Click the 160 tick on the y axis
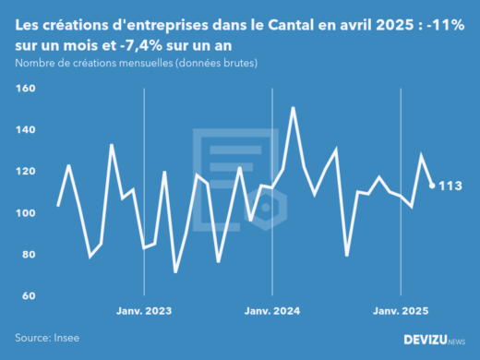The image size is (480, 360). coord(24,89)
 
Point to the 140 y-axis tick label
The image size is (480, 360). coord(24,130)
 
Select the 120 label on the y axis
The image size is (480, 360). coord(24,172)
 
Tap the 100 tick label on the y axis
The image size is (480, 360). coord(24,213)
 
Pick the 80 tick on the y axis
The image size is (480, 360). coord(26,255)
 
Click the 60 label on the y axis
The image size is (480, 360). coord(26,296)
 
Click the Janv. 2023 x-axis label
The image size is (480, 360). coord(144,312)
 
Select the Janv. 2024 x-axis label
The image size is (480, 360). coord(272,312)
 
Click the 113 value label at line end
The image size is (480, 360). coord(450,186)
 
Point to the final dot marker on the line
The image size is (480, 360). coord(432,186)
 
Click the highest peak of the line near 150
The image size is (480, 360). coord(294,108)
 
